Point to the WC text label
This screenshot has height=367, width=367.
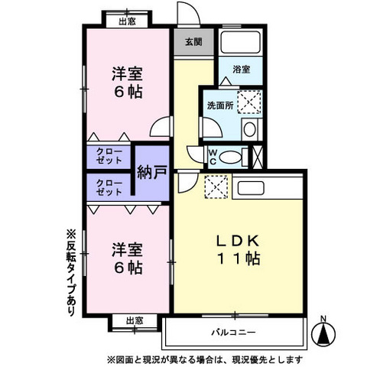(x=214, y=155)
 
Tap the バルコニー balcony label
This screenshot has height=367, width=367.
(x=233, y=333)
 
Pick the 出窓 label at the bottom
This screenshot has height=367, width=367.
(x=134, y=321)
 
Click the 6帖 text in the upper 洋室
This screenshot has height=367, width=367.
(x=128, y=92)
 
